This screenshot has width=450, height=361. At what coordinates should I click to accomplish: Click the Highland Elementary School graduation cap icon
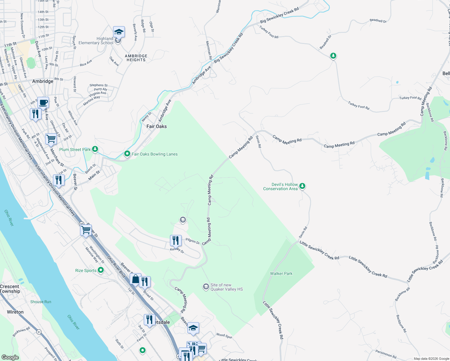point(119,32)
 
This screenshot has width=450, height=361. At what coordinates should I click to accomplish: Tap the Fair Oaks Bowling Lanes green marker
point(127,154)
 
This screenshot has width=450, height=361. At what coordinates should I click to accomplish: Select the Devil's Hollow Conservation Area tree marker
point(302,186)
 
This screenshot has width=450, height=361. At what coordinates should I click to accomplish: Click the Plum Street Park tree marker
point(95,149)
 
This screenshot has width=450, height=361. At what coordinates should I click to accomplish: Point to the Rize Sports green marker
point(101,270)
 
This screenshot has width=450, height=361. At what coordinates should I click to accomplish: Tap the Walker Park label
point(281,273)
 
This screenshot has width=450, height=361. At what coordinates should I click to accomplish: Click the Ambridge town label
point(43,81)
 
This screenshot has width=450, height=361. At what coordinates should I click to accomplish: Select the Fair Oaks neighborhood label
point(156,126)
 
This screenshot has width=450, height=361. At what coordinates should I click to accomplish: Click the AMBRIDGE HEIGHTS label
point(136,58)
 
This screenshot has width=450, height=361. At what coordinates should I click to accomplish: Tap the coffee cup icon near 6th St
point(43,103)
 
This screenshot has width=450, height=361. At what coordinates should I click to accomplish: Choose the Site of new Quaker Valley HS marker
point(206,287)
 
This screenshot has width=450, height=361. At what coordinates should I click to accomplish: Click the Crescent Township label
point(10,289)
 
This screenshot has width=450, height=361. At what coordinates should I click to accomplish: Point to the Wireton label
point(15,312)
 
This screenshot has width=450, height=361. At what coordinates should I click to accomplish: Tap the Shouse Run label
point(41,302)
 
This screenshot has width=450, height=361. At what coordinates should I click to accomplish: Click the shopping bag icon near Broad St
point(135,279)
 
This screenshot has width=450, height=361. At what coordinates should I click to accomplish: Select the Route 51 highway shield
point(39,332)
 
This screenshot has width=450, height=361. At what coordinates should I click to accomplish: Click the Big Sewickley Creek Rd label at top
point(279,15)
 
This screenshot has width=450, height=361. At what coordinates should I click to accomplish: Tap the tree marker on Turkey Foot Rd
point(333,56)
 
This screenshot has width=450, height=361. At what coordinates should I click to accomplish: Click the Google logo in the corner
point(10,357)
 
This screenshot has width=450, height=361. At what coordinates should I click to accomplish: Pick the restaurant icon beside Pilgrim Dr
point(176,241)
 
